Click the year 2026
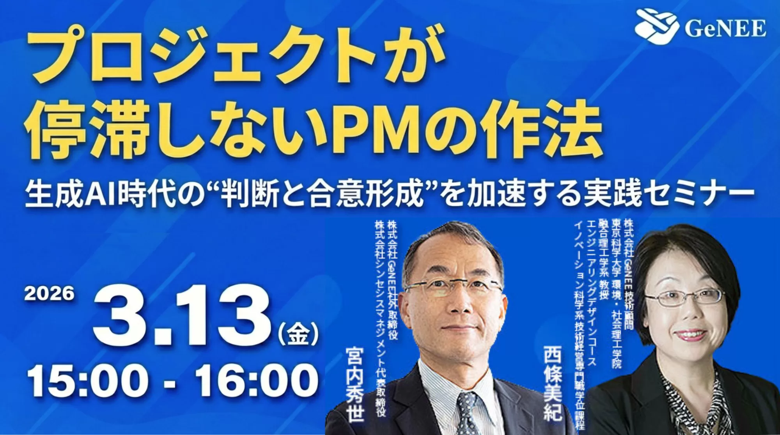coord(49,294)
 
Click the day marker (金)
coord(298,334)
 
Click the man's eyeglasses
coord(452,288)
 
